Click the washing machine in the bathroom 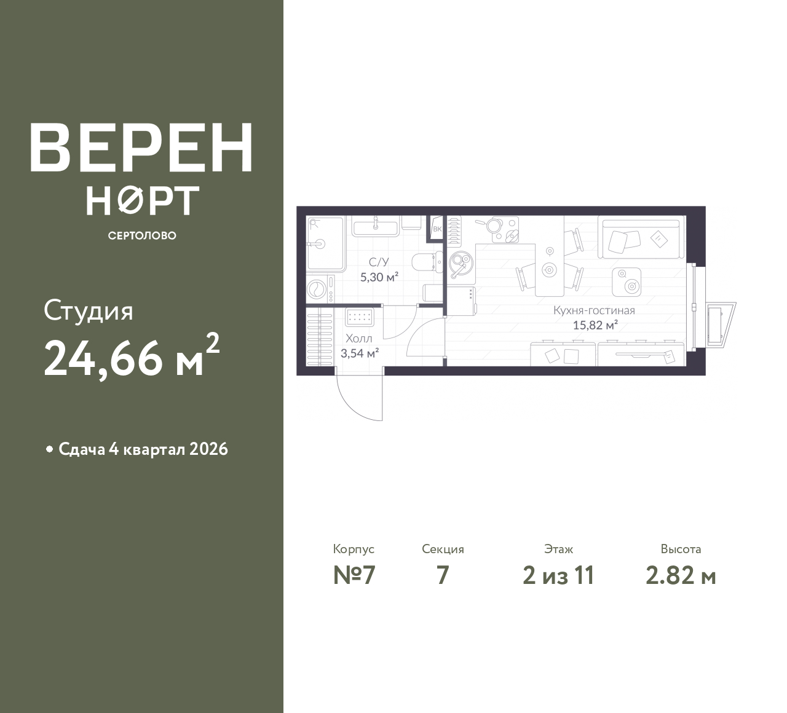tap(320, 289)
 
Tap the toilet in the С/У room tap(428, 262)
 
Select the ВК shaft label tap(437, 229)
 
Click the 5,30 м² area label tap(379, 277)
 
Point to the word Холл tap(358, 339)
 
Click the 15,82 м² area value tap(595, 325)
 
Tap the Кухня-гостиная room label tap(594, 310)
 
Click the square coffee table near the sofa tap(626, 282)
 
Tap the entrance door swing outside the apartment tap(358, 393)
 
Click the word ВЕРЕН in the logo tap(141, 147)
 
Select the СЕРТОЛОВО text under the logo tap(142, 235)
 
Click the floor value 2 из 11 tap(558, 576)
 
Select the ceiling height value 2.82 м tap(681, 576)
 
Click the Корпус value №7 tap(354, 576)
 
